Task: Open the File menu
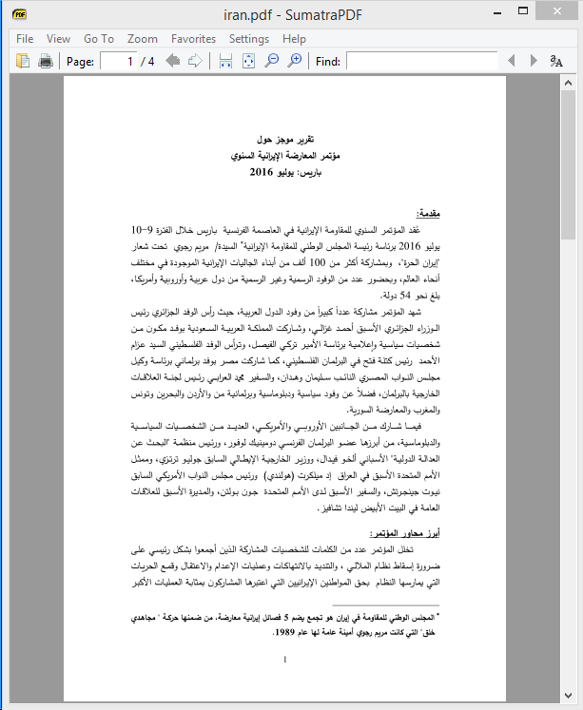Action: [25, 39]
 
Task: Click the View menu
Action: [58, 39]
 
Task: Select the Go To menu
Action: [98, 39]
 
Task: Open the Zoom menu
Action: [143, 39]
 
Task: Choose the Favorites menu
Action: [193, 39]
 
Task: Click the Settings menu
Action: [249, 39]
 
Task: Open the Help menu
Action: [294, 39]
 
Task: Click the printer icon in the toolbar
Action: [45, 62]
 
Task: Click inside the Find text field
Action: [428, 62]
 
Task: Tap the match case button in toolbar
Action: [556, 62]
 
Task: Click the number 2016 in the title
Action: [262, 173]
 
